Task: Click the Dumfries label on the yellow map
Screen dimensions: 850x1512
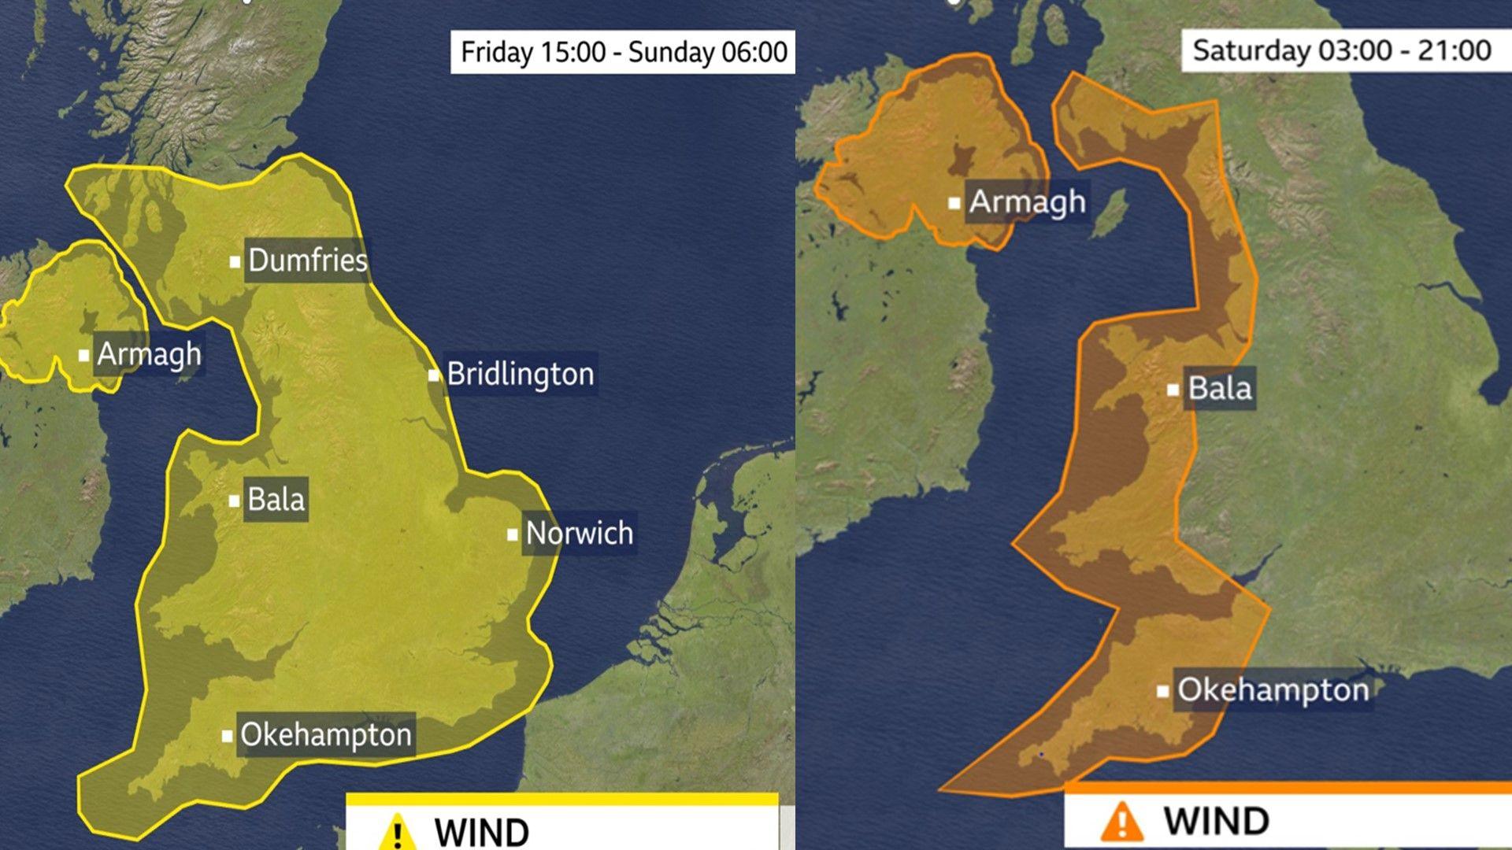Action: (307, 261)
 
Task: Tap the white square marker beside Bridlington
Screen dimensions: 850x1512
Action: (434, 375)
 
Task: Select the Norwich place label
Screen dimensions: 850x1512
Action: (579, 534)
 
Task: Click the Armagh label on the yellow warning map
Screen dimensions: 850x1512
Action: (149, 354)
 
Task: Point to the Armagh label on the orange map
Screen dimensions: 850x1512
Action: (1027, 202)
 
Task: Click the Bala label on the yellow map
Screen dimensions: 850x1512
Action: (276, 499)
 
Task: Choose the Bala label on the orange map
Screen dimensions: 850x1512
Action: (1219, 388)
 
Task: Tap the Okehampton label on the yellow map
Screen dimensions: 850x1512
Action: (325, 734)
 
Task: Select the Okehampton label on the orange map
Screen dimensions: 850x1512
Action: (1273, 690)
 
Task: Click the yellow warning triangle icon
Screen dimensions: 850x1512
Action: (397, 831)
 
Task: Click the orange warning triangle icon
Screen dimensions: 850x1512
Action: (1121, 821)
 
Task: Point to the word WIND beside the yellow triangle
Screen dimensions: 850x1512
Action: (481, 833)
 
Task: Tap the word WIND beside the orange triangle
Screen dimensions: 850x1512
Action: (1216, 821)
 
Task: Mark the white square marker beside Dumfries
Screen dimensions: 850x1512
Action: (235, 261)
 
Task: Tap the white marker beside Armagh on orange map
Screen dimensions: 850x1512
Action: (954, 204)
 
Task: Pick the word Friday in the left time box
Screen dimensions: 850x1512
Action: (497, 53)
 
